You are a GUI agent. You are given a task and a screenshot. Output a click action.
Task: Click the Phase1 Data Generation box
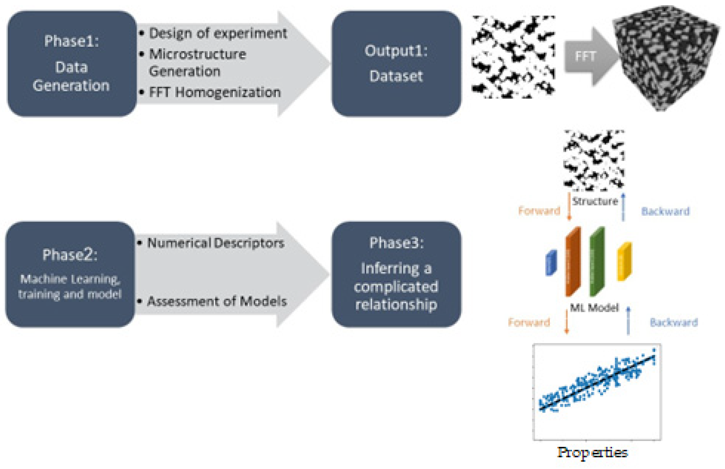pos(72,64)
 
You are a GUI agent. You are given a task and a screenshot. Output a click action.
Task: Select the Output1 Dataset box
pos(396,64)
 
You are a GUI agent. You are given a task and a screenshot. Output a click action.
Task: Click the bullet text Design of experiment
pos(218,33)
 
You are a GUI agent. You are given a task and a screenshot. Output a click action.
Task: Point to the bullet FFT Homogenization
pos(214,92)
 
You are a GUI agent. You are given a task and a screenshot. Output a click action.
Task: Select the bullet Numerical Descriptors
pos(215,243)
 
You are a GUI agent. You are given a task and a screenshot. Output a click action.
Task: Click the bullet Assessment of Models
pos(217,301)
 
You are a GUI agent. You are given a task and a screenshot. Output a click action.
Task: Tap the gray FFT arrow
pos(588,57)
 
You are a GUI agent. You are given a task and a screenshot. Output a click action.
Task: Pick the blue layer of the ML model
pos(551,263)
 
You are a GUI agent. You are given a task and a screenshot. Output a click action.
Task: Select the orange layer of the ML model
pos(573,262)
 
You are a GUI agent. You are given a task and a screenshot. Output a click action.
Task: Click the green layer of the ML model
pos(597,262)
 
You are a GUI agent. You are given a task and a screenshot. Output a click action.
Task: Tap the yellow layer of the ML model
pos(624,261)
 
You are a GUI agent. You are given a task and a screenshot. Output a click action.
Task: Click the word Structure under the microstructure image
pos(595,201)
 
